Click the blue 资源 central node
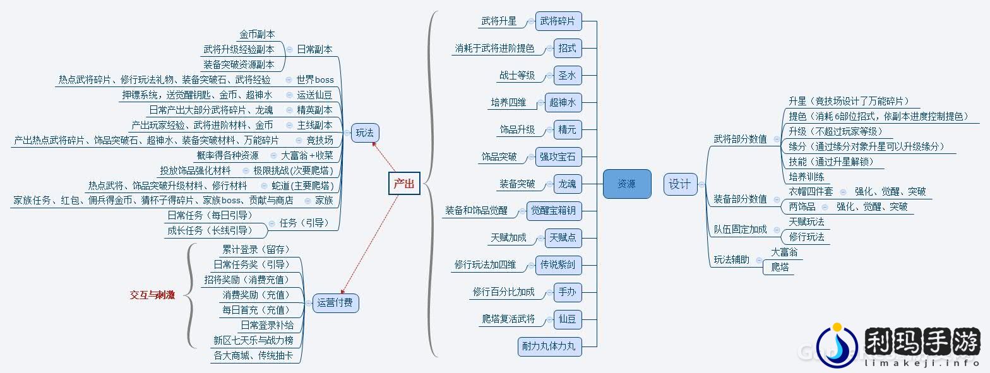[x=626, y=184]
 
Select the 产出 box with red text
[x=404, y=184]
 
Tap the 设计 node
[x=680, y=184]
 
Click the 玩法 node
[x=364, y=133]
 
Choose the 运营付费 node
[x=335, y=303]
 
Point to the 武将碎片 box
[x=558, y=21]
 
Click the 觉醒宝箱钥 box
[x=554, y=211]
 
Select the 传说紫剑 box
[x=558, y=265]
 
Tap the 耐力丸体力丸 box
[x=548, y=346]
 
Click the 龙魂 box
[x=567, y=184]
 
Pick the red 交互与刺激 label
[x=152, y=295]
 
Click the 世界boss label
[x=315, y=80]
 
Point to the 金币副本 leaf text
[x=257, y=34]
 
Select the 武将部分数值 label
[x=740, y=139]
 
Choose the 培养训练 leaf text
[x=806, y=177]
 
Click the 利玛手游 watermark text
[x=921, y=343]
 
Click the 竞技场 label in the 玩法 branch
[x=319, y=140]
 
